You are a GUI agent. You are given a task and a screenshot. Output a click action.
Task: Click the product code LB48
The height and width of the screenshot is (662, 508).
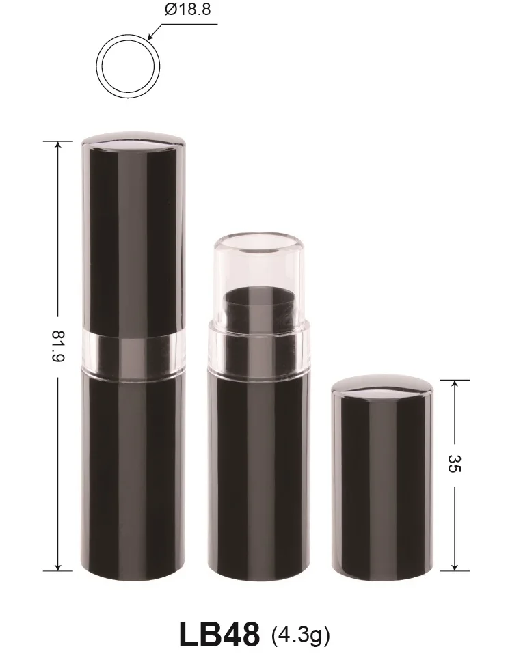219,634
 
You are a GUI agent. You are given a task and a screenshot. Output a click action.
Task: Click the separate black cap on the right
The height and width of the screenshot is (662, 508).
383,478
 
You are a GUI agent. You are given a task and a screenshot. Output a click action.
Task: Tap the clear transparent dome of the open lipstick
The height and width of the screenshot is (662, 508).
255,263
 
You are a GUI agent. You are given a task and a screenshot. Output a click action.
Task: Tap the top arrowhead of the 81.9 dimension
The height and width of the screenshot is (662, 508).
57,146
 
